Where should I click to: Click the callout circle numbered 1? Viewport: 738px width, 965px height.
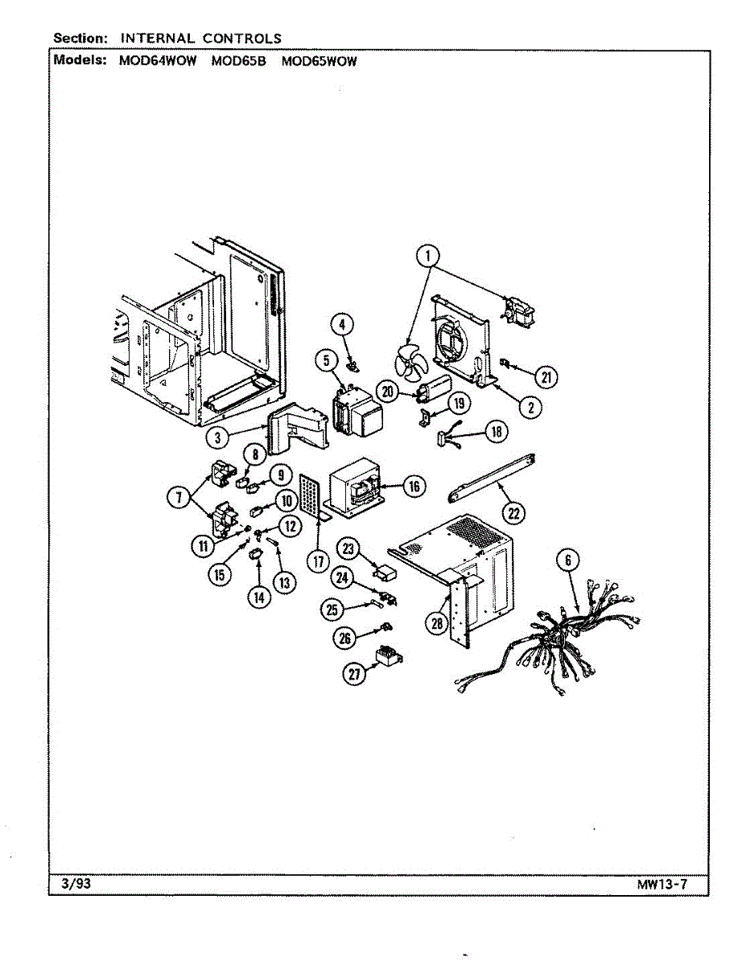(429, 257)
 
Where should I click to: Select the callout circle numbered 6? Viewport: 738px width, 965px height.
(569, 561)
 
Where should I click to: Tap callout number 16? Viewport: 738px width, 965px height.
(414, 486)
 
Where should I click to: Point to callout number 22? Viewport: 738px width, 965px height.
(512, 512)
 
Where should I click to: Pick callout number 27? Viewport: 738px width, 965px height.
(356, 675)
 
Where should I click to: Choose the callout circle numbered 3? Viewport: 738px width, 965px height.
(215, 438)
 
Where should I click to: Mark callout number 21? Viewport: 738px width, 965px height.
(547, 376)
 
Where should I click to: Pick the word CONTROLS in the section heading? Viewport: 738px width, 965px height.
(242, 38)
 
